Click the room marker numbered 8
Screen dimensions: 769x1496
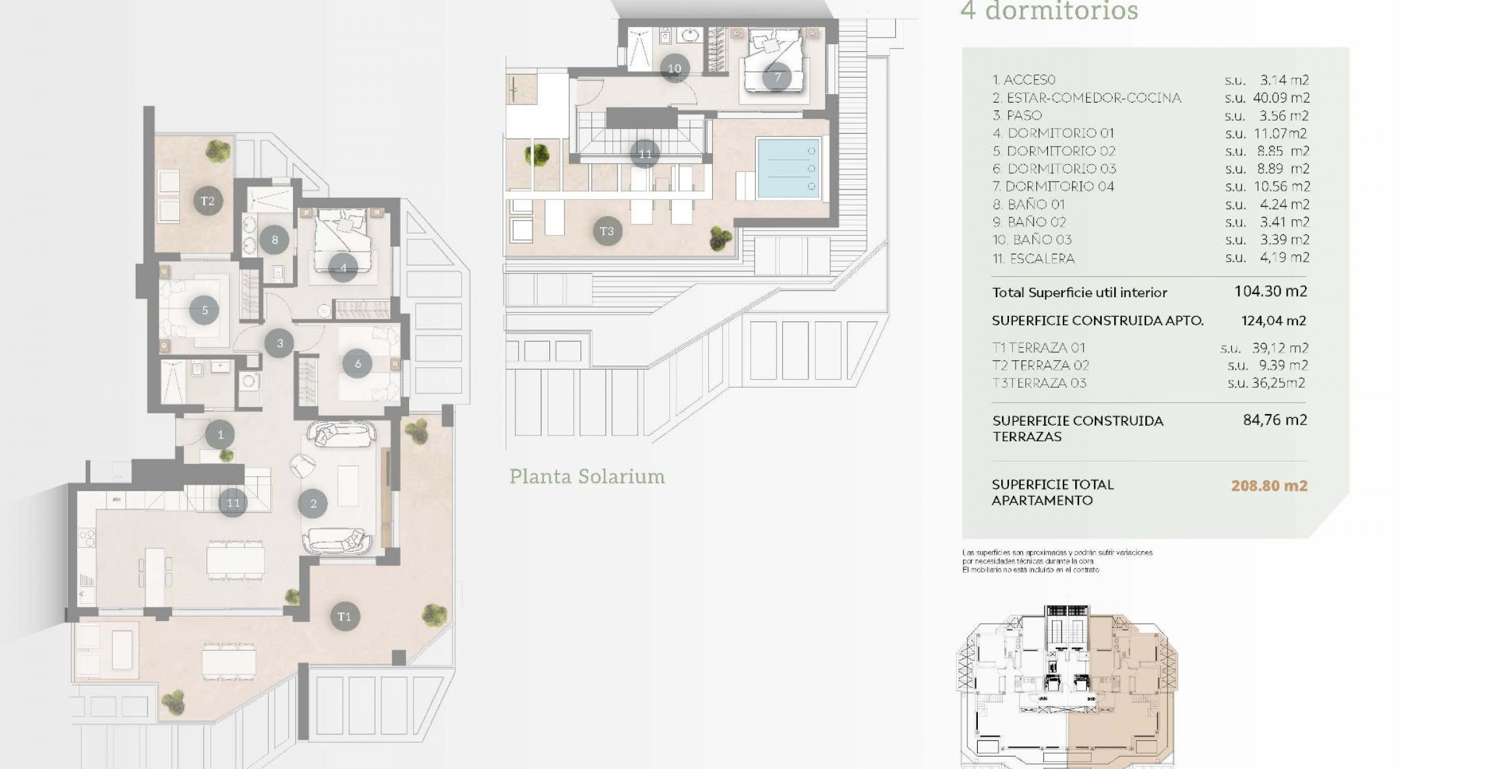275,240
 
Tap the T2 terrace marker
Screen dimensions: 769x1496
207,201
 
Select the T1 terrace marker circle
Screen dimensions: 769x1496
344,616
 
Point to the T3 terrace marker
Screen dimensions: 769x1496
606,231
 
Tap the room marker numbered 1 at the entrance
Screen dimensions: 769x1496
220,435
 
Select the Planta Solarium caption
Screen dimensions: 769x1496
586,476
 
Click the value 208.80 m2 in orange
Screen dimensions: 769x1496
1269,485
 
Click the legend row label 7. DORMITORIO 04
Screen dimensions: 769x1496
1053,187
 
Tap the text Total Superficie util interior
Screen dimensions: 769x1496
1079,293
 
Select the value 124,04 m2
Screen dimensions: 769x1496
1273,321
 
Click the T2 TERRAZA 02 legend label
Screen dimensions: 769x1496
1041,365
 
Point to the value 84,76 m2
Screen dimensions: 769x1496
1275,420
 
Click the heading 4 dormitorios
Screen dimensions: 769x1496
1049,12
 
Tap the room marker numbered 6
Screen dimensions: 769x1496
358,364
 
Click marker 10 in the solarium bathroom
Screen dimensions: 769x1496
675,68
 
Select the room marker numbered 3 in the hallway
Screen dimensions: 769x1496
280,343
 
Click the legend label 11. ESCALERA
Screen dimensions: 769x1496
1033,258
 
